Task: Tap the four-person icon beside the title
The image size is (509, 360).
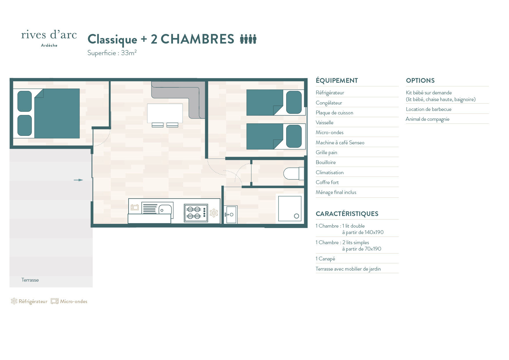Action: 248,39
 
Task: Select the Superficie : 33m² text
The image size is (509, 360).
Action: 112,53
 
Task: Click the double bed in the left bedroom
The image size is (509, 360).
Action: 46,114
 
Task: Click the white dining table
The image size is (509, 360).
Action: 165,113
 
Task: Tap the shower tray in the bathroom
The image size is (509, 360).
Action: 290,209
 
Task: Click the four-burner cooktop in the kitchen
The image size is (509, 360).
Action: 196,213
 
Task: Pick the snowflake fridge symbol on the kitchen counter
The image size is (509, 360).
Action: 214,213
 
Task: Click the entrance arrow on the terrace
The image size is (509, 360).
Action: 78,180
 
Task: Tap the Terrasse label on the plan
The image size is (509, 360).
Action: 30,280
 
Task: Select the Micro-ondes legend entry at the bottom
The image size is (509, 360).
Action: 69,301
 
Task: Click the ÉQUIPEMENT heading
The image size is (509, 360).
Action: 337,80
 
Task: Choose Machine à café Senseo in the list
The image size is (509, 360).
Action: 340,143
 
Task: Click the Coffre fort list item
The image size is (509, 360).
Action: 327,182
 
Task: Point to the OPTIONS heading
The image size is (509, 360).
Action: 420,80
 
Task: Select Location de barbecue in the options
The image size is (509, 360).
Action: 429,109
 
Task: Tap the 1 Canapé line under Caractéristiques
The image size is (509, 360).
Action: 325,259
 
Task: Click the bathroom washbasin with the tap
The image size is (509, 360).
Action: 231,215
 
